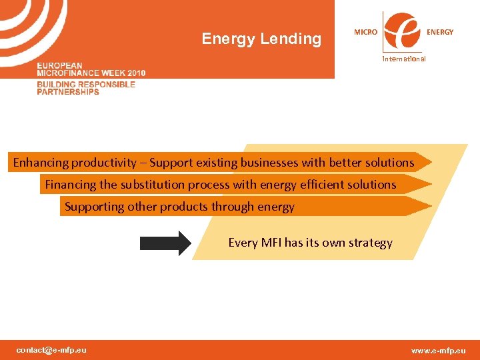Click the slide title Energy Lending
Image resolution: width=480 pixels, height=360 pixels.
[x=261, y=39]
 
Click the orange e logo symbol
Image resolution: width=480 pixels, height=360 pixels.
[x=402, y=31]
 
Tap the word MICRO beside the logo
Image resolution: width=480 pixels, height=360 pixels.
[x=365, y=32]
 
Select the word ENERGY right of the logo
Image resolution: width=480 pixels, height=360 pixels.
[x=440, y=32]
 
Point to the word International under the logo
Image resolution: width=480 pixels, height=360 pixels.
[x=403, y=59]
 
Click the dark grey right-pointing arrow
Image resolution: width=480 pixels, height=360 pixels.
[x=165, y=243]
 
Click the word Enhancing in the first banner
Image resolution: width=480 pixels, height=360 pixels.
[x=41, y=163]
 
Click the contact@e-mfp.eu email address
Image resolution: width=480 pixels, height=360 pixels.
[x=51, y=350]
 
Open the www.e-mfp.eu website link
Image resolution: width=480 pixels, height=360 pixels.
[x=438, y=351]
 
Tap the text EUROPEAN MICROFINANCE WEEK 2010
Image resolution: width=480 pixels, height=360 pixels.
[x=91, y=69]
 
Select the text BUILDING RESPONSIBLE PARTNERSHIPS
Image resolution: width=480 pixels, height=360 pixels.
[x=86, y=88]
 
